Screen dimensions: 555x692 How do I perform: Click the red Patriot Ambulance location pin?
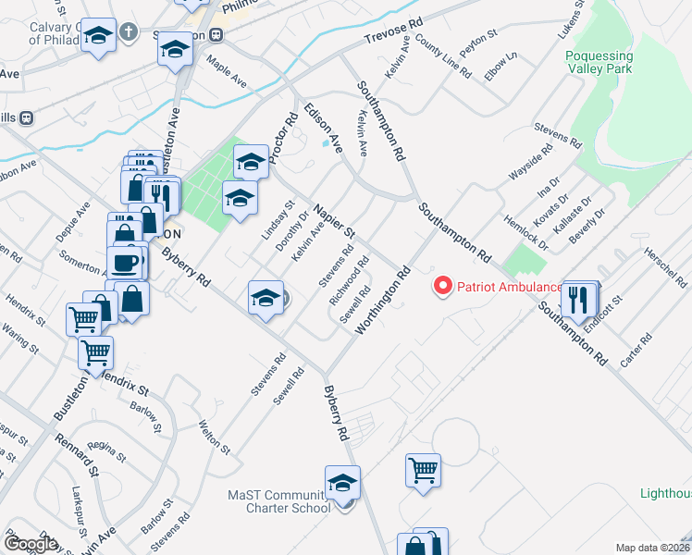coord(443,286)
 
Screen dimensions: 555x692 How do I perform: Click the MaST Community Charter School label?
coord(279,501)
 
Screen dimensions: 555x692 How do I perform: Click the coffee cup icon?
coord(127,263)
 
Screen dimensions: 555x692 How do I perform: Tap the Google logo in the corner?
coord(31,544)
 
